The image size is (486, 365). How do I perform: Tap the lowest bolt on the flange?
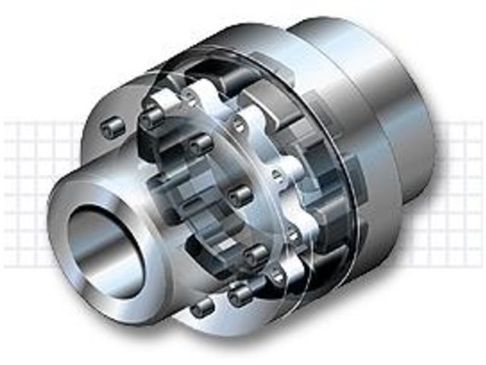coord(203,308)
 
